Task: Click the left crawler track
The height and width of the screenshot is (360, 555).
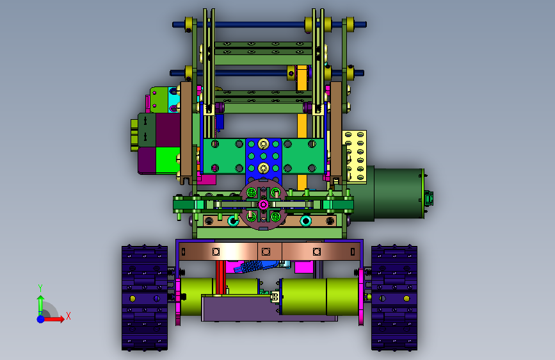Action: click(145, 298)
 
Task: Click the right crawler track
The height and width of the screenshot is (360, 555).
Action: click(394, 298)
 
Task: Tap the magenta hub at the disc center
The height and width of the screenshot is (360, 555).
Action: click(263, 204)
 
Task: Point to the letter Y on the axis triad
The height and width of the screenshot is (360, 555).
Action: click(40, 288)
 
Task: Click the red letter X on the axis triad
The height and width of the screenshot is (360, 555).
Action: click(68, 316)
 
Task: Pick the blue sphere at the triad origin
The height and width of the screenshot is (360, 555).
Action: click(41, 319)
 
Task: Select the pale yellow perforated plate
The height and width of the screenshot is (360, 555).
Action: click(354, 156)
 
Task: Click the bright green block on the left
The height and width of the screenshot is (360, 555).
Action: click(168, 160)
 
